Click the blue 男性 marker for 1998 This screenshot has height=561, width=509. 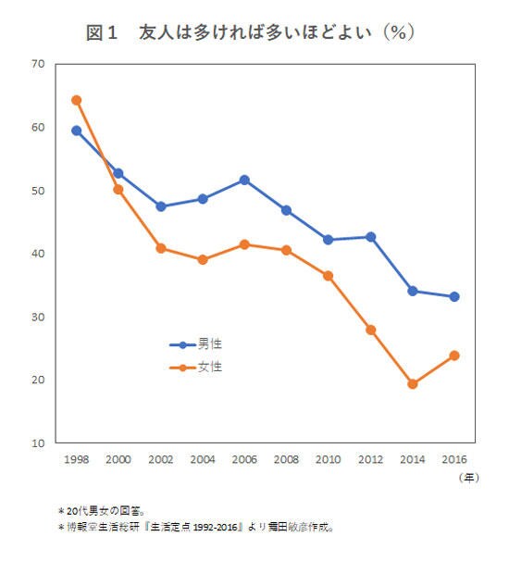click(77, 131)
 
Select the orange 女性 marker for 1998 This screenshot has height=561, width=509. click(77, 100)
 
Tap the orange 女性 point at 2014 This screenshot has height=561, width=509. click(413, 384)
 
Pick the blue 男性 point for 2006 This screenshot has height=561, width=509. click(244, 180)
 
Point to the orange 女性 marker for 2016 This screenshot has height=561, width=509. click(454, 355)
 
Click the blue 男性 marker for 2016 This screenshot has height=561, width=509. click(454, 297)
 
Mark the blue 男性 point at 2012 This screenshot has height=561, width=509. click(371, 237)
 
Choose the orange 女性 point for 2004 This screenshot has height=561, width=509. click(203, 260)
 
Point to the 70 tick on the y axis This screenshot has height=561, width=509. click(37, 64)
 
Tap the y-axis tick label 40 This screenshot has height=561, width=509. click(37, 254)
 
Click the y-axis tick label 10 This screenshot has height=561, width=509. click(37, 443)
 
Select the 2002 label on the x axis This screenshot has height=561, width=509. click(160, 458)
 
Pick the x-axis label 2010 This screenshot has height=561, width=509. click(329, 458)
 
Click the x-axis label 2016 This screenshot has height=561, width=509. click(454, 458)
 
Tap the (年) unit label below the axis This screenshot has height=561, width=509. click(469, 479)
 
